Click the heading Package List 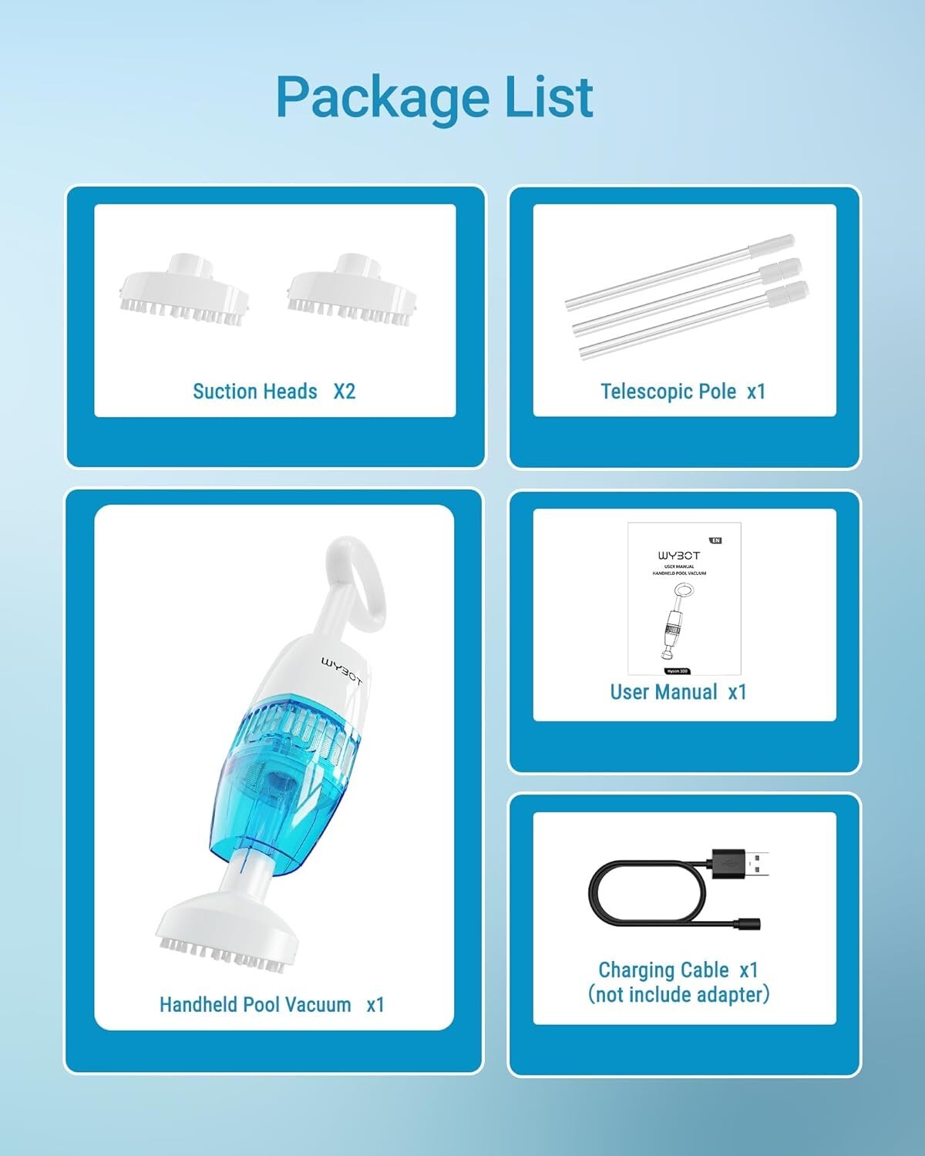[435, 98]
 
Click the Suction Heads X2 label [274, 391]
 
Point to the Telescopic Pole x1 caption [683, 391]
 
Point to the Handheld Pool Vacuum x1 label [271, 1005]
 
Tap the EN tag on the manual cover [715, 540]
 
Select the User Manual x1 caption [678, 692]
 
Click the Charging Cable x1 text [678, 969]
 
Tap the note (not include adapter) [678, 995]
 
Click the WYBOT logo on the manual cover [679, 555]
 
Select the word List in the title [548, 98]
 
